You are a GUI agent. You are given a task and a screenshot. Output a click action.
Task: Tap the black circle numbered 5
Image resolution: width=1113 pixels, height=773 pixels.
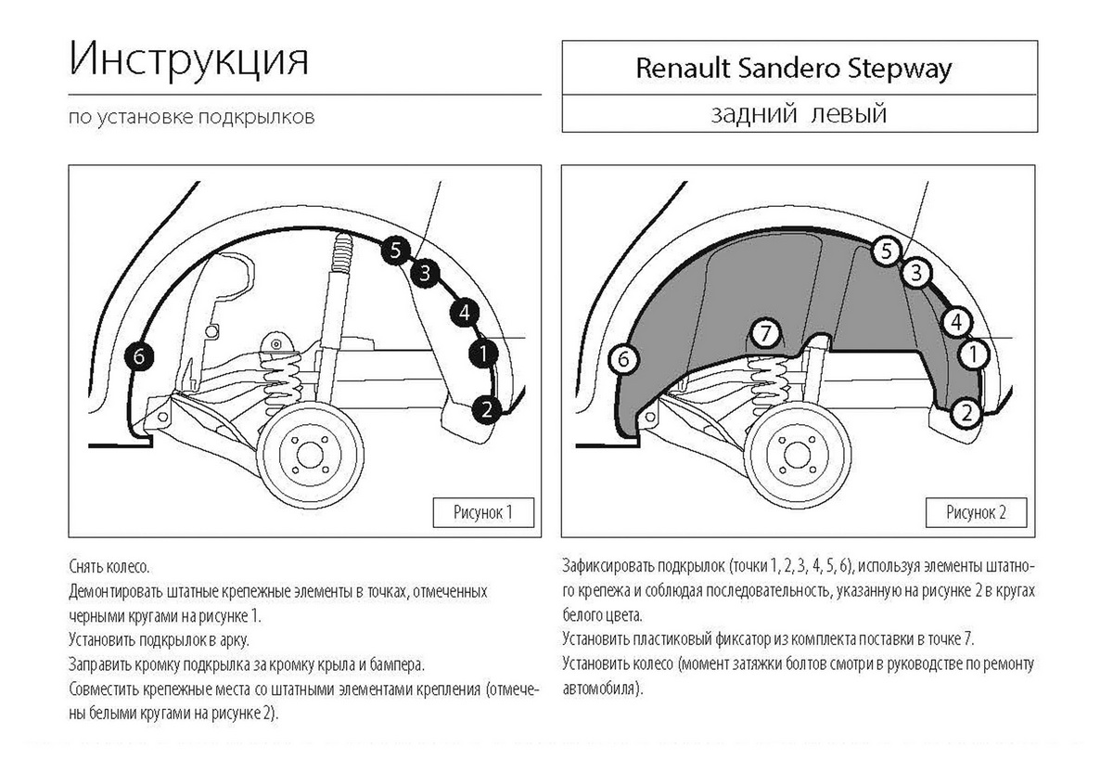tap(395, 251)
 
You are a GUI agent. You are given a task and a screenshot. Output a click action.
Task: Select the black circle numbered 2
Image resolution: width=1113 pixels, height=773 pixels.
tap(488, 408)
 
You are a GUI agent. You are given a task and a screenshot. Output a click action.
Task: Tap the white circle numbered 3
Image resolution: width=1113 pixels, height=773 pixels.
tap(916, 273)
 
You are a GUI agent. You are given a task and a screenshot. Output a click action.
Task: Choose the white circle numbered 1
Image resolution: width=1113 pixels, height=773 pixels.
tap(973, 354)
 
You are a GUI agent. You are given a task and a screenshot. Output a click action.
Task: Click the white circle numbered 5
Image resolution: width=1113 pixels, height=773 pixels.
tap(887, 250)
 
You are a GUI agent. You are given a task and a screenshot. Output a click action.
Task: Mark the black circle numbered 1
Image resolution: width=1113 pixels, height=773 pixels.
tap(483, 353)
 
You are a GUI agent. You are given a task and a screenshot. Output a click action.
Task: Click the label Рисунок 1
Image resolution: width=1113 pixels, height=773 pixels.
tap(484, 511)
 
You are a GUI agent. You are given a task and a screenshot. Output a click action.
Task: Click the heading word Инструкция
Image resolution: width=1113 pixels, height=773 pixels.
tap(188, 61)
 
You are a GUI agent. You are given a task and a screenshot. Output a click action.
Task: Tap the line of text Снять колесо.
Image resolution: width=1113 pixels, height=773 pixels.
tap(109, 566)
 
